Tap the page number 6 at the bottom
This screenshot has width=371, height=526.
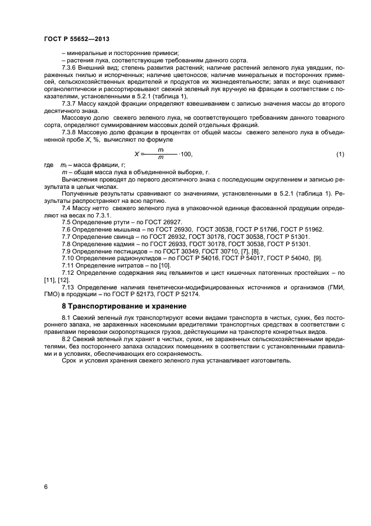click(45, 487)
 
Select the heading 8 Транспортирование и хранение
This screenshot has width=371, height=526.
click(123, 306)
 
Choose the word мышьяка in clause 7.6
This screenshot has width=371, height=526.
click(123, 230)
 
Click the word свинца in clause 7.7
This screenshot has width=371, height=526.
click(121, 237)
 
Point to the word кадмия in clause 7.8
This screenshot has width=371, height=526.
click(121, 244)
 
